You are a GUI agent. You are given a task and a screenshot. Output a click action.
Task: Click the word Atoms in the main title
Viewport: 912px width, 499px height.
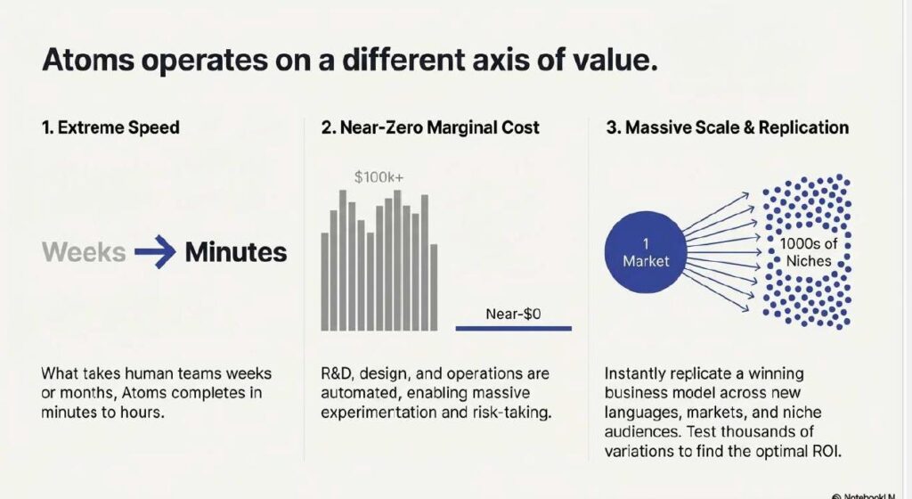(88, 60)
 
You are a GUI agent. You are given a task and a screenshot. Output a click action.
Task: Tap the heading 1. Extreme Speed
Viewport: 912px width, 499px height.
(110, 127)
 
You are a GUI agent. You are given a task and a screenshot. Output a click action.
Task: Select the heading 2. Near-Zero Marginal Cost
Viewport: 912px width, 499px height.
(430, 127)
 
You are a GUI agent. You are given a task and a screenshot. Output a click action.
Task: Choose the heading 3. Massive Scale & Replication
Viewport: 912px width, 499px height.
(727, 127)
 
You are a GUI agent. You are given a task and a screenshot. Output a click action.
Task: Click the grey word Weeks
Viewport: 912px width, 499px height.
(84, 252)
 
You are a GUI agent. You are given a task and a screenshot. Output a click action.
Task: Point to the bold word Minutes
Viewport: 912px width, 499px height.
(235, 252)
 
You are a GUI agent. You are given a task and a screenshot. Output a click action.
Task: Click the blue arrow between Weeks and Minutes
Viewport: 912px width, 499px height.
(155, 252)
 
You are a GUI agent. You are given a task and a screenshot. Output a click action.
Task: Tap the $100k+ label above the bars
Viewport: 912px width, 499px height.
(379, 176)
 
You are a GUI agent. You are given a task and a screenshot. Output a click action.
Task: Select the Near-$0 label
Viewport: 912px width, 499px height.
(513, 314)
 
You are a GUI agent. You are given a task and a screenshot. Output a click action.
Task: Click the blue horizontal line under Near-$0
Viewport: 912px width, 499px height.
(514, 329)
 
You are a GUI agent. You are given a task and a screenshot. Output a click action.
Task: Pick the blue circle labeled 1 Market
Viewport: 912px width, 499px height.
(646, 252)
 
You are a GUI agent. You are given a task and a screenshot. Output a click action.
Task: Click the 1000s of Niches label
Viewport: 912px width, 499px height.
(809, 252)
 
